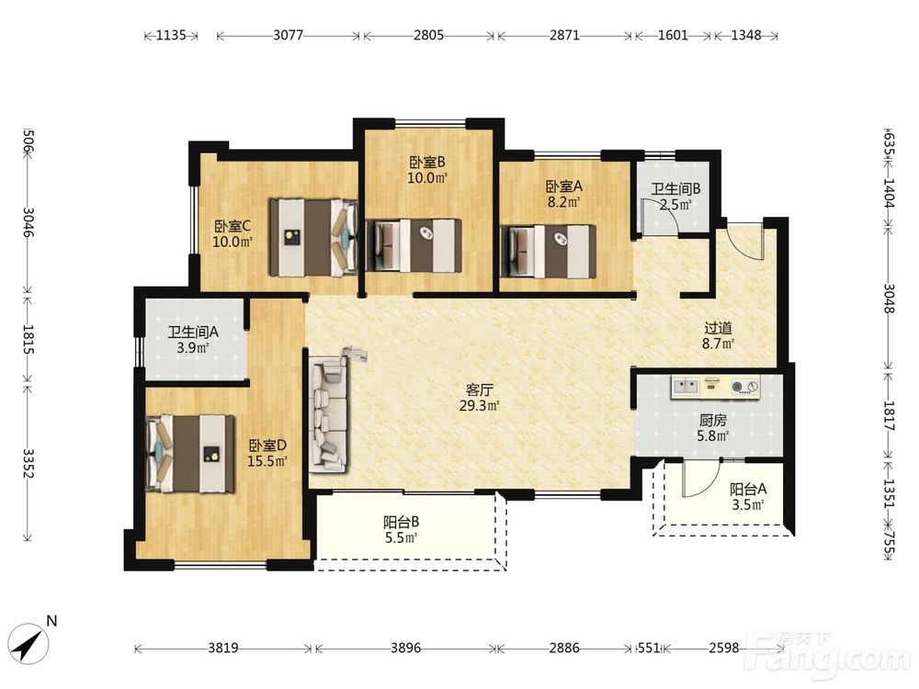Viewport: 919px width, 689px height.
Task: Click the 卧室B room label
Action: pyautogui.click(x=427, y=161)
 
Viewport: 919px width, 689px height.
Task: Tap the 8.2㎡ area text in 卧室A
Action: pyautogui.click(x=564, y=203)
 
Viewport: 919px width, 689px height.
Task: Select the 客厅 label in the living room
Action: pyautogui.click(x=479, y=390)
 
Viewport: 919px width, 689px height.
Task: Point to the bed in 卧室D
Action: pyautogui.click(x=190, y=454)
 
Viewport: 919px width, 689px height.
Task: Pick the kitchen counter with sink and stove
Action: pyautogui.click(x=716, y=387)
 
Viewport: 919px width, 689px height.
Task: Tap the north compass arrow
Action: pyautogui.click(x=30, y=645)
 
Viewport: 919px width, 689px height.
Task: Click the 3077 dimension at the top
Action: pyautogui.click(x=289, y=35)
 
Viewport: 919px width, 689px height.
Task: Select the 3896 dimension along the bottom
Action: pyautogui.click(x=405, y=648)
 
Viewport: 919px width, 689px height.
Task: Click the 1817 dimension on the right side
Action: pyautogui.click(x=889, y=415)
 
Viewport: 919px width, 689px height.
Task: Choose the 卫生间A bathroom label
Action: pyautogui.click(x=193, y=333)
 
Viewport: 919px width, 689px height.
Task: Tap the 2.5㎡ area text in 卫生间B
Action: pyautogui.click(x=675, y=205)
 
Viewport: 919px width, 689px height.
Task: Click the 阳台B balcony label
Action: pyautogui.click(x=401, y=522)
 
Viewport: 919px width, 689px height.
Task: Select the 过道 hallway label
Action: pyautogui.click(x=718, y=328)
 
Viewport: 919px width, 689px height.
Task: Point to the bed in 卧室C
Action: pyautogui.click(x=313, y=237)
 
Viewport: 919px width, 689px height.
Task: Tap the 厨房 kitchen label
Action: pyautogui.click(x=713, y=420)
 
